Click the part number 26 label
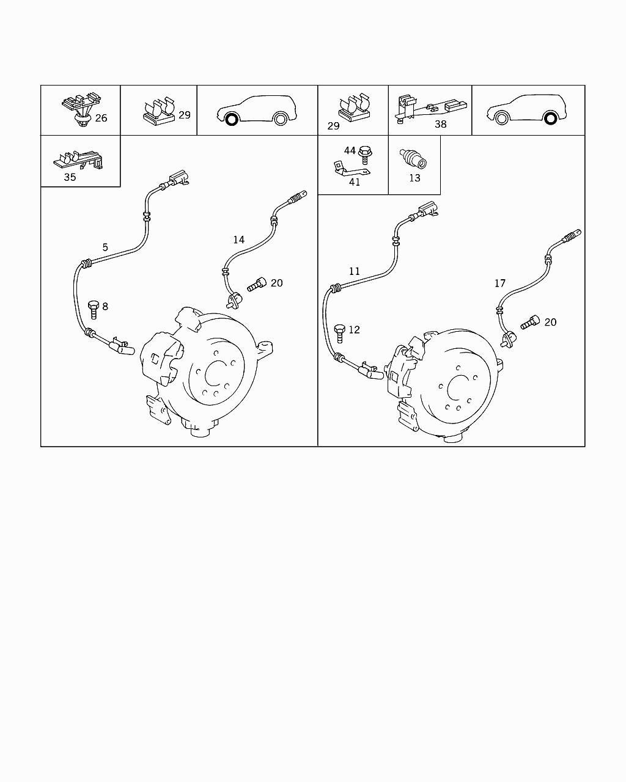coord(101,118)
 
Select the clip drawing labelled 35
coord(78,160)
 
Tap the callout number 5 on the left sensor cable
coord(105,247)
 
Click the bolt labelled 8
coord(94,310)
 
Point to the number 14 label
coord(238,240)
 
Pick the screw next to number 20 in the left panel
coord(256,284)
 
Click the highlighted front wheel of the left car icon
coord(231,119)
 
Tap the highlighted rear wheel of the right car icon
coord(550,118)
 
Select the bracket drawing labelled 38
coord(430,109)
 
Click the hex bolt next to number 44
coord(364,155)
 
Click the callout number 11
coord(355,271)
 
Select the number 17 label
coord(500,283)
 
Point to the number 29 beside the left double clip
coord(185,115)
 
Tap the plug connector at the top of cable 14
coord(298,197)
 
